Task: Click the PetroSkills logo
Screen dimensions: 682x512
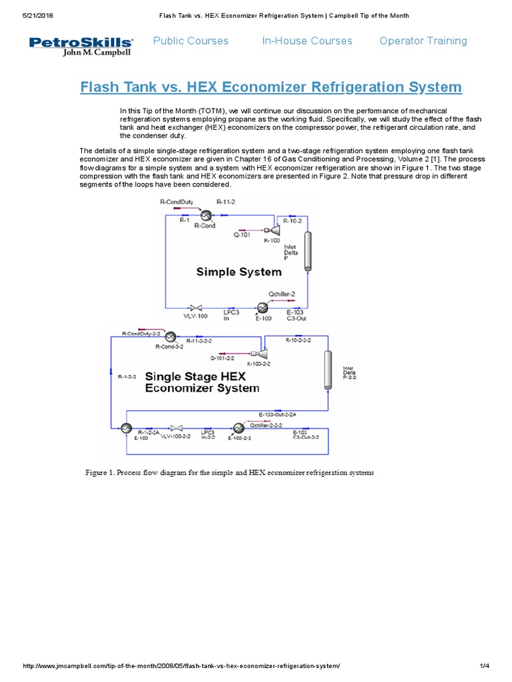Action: pos(81,46)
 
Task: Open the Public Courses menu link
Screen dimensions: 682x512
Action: pos(191,41)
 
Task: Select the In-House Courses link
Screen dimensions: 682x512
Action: pos(307,41)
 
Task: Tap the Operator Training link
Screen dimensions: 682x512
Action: pos(423,41)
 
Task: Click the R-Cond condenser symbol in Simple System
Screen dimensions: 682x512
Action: pos(205,214)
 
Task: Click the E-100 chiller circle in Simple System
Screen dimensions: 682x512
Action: pos(262,308)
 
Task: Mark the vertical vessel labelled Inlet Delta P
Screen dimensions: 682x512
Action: pos(307,250)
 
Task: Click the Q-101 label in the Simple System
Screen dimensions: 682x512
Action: pos(241,234)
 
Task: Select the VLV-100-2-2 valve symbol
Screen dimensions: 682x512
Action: pos(177,428)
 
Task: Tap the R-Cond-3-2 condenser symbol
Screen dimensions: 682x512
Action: pos(170,336)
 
